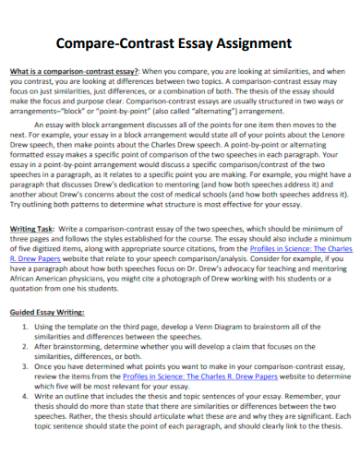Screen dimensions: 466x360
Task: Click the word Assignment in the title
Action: click(x=249, y=43)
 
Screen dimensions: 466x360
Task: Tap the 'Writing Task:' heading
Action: click(x=35, y=227)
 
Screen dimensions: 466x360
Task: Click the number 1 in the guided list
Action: click(x=25, y=328)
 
